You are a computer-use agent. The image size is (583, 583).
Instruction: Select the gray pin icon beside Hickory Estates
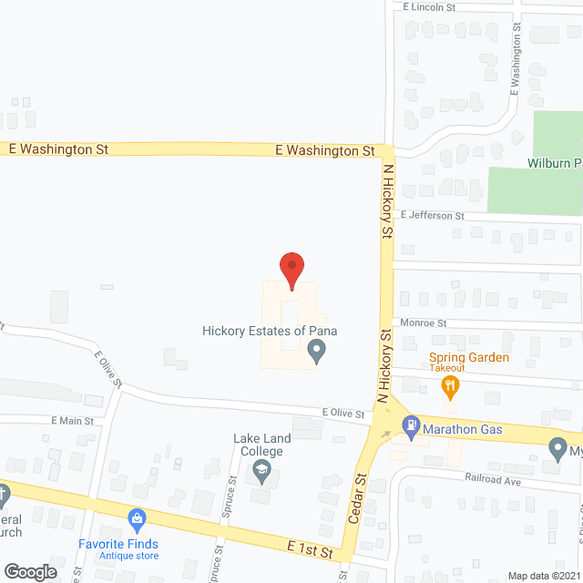(x=317, y=350)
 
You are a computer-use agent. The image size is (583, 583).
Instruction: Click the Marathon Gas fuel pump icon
(x=412, y=424)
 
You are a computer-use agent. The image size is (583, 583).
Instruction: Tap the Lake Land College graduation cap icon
(x=262, y=470)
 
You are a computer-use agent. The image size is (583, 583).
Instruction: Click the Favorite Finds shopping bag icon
(x=138, y=521)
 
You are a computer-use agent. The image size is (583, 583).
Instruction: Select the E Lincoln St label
(x=429, y=6)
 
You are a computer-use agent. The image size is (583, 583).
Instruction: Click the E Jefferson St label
(x=433, y=216)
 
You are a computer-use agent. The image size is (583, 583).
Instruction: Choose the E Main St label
(x=73, y=420)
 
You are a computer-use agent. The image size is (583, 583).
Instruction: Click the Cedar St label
(x=358, y=498)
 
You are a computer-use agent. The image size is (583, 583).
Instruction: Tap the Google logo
(x=30, y=571)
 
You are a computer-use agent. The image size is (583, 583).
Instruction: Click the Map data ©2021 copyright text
(x=543, y=576)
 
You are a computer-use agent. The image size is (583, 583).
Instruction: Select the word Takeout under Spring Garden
(x=447, y=368)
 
